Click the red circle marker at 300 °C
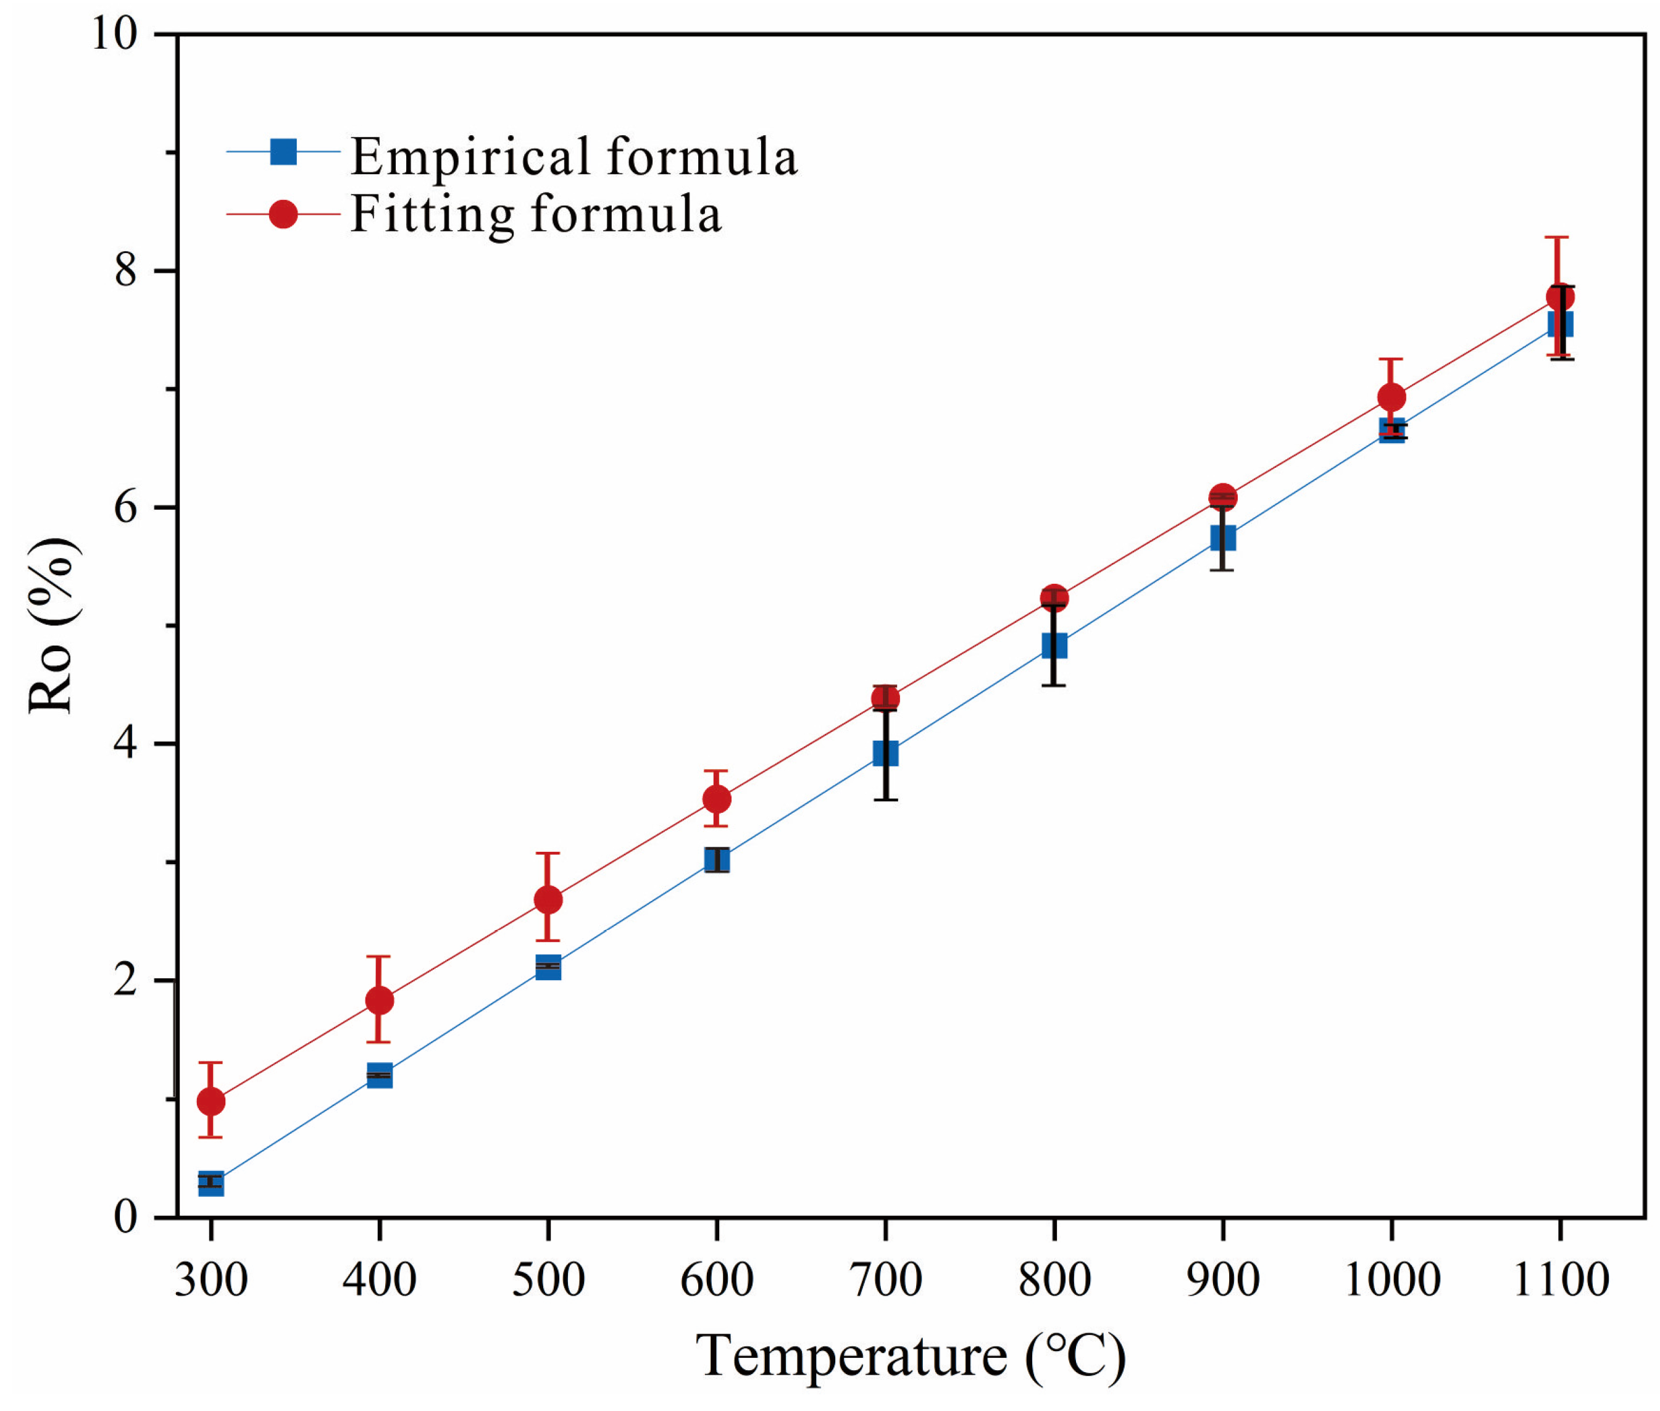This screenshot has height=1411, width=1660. (211, 1101)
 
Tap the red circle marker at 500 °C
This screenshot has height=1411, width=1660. (548, 900)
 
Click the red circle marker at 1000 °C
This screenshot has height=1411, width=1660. (1392, 397)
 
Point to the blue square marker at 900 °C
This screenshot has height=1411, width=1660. (1222, 537)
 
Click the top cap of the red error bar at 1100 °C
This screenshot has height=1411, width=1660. (1556, 238)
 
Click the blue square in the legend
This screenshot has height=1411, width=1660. (283, 151)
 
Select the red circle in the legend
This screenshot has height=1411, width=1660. (283, 214)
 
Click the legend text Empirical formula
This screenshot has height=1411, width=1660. (573, 156)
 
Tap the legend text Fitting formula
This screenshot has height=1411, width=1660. (536, 214)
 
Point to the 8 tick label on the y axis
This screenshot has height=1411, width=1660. (125, 270)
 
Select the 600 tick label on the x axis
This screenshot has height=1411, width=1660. (716, 1280)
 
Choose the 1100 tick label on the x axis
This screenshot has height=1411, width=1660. (1561, 1280)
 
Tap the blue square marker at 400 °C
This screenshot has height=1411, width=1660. (379, 1076)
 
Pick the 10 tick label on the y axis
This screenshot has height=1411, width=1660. (114, 35)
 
